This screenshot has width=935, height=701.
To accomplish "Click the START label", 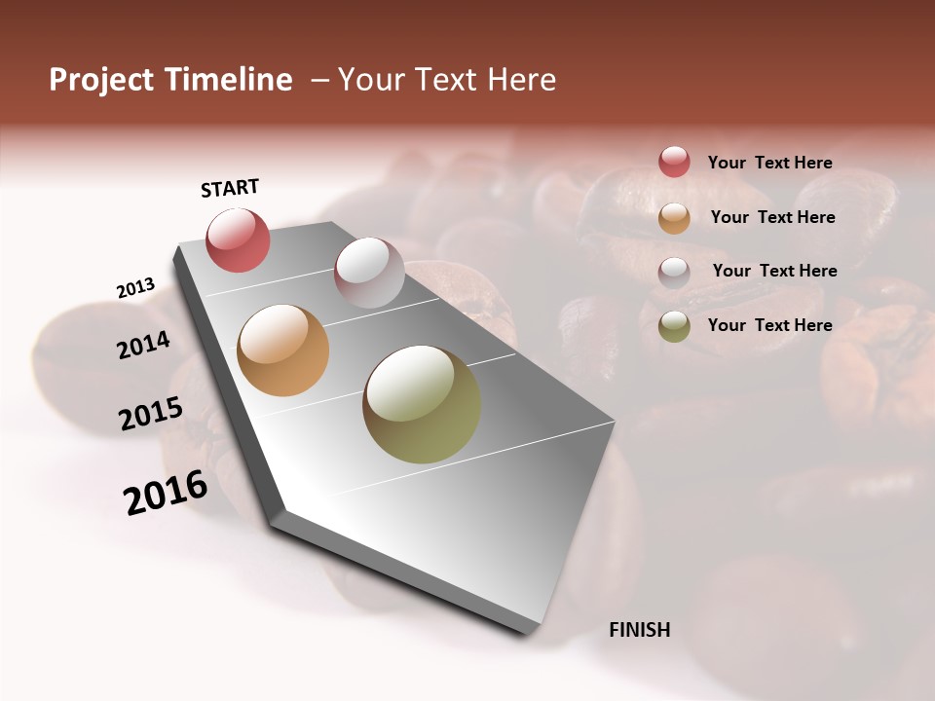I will coord(230,188).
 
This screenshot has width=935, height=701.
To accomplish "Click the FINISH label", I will coord(639,630).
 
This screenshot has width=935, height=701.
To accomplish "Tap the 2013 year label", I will coord(135,288).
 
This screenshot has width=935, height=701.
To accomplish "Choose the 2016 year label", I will coord(166,493).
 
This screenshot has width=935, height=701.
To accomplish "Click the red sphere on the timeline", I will coord(238,240).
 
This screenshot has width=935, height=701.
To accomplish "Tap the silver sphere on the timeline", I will coord(369,273).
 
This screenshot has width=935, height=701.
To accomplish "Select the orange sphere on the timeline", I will coord(282,350).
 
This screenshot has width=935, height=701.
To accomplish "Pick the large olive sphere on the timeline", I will coord(422,404).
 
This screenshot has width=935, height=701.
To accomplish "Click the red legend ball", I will coord(674,162).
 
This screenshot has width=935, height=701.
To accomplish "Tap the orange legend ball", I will coord(674,218).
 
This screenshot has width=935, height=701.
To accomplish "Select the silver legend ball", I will coord(674,272).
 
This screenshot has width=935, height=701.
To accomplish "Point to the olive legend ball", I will coord(674,326).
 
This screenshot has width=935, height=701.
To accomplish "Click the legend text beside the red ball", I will coord(769,163).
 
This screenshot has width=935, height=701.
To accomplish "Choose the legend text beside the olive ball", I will coord(769,325).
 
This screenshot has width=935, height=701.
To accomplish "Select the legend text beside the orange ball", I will coord(772,217).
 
